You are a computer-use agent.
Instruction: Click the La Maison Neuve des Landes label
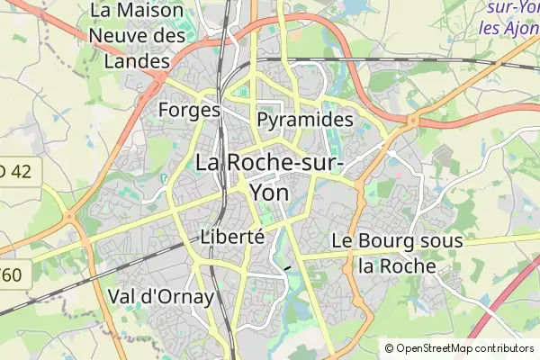[138, 37]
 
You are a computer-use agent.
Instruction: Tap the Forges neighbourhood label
[188, 110]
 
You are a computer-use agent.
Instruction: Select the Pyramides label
[304, 120]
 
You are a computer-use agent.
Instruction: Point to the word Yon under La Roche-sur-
[268, 193]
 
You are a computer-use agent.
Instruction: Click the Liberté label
[231, 238]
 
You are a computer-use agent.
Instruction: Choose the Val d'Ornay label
[160, 296]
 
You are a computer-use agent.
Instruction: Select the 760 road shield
[14, 274]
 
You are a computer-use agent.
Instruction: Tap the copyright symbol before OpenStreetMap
[390, 348]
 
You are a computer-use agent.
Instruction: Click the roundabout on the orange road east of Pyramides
[415, 120]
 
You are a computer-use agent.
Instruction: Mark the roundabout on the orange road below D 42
[69, 217]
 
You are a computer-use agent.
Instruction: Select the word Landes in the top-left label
[136, 62]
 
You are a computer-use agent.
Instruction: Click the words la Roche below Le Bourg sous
[396, 266]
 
